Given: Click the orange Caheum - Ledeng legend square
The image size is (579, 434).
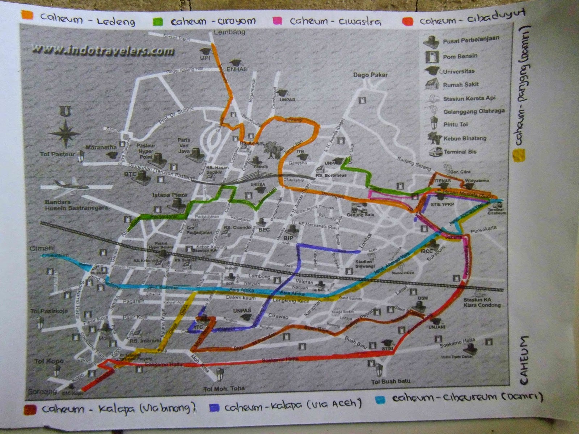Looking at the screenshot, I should pyautogui.click(x=28, y=15).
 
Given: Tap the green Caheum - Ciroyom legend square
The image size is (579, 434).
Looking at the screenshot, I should pyautogui.click(x=158, y=21).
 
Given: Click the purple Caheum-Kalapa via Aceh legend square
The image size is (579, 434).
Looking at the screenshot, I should pyautogui.click(x=214, y=408).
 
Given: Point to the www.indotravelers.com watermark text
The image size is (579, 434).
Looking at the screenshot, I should pyautogui.click(x=103, y=50).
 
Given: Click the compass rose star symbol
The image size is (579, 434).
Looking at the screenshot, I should pyautogui.click(x=65, y=133).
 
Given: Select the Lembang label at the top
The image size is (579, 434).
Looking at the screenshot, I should pyautogui.click(x=229, y=32).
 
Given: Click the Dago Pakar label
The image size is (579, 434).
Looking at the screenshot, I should pyautogui.click(x=370, y=75).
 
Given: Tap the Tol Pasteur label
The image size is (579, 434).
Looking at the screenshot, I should pyautogui.click(x=57, y=154).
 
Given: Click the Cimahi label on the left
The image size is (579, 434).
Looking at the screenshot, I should pyautogui.click(x=42, y=248).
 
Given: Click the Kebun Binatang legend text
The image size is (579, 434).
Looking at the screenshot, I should pyautogui.click(x=465, y=138).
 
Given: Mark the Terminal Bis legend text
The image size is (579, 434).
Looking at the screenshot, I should pyautogui.click(x=460, y=152).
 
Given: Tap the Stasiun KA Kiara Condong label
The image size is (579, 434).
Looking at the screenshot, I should pyautogui.click(x=482, y=302).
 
